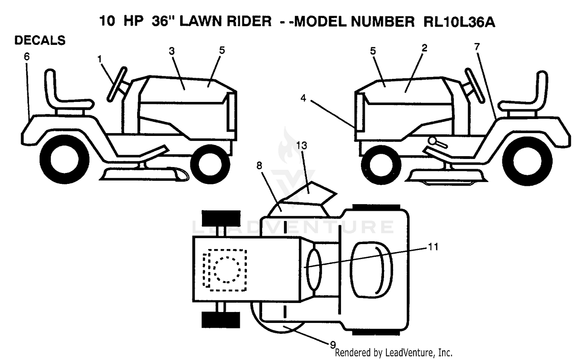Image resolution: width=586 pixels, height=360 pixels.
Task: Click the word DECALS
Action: (40, 40)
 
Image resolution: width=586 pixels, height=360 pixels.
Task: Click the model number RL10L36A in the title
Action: (459, 21)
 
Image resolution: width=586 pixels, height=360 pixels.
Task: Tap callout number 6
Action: (27, 57)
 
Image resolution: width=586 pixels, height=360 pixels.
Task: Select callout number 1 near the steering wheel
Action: (99, 59)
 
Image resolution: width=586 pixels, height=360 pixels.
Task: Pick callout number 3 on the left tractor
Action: (172, 51)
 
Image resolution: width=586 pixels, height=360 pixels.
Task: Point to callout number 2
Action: (424, 48)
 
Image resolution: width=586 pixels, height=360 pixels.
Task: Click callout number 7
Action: (477, 47)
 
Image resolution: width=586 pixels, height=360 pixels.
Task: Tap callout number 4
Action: (303, 98)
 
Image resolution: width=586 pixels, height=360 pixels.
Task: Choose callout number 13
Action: (302, 145)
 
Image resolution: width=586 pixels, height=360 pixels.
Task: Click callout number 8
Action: (259, 166)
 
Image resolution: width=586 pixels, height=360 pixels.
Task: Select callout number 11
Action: (433, 246)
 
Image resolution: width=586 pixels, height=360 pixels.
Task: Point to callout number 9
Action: (333, 345)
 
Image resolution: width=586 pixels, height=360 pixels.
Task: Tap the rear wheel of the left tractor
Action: (64, 160)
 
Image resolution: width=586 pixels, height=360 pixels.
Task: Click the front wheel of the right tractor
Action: (381, 165)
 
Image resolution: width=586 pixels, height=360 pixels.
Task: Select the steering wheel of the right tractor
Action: (473, 85)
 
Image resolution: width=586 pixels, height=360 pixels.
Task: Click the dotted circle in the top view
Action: (227, 270)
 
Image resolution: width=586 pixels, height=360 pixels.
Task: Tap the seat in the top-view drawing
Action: (371, 270)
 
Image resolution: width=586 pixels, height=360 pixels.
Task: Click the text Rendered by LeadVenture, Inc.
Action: (394, 353)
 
